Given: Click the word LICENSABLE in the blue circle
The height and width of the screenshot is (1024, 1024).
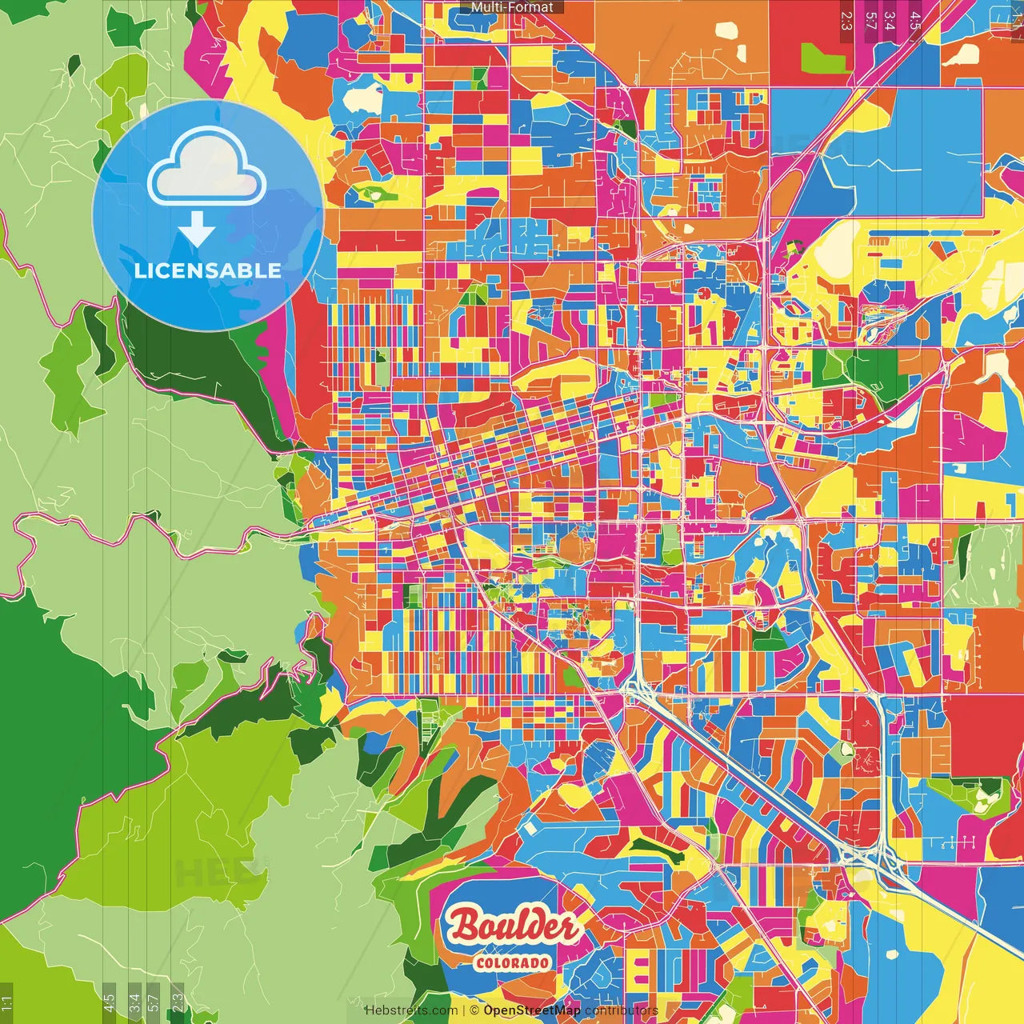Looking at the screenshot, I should [208, 270].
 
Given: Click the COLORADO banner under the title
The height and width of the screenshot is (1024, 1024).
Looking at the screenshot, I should [512, 962].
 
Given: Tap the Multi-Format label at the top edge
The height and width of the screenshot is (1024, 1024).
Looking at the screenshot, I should [512, 7].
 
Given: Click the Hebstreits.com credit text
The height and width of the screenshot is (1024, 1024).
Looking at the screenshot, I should [411, 1010].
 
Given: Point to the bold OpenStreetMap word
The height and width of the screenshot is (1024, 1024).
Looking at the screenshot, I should [532, 1010].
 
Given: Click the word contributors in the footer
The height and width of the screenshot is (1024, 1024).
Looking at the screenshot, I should [621, 1010].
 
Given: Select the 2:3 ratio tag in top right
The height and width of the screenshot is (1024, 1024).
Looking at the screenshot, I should [846, 20].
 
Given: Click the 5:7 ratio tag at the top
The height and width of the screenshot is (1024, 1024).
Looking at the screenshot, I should [870, 20].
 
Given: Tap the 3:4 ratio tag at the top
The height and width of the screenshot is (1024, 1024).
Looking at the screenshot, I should [889, 20].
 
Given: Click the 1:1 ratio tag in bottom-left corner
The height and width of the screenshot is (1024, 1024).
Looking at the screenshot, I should [7, 1003].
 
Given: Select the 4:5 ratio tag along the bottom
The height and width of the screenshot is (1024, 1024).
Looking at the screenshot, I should [109, 1002].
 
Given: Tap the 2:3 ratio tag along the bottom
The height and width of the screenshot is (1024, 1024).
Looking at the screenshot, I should [177, 1002].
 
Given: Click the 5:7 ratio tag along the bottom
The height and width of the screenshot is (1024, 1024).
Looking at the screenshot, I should [154, 1002].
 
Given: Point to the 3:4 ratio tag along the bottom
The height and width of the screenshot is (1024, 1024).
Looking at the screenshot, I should [134, 1002].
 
